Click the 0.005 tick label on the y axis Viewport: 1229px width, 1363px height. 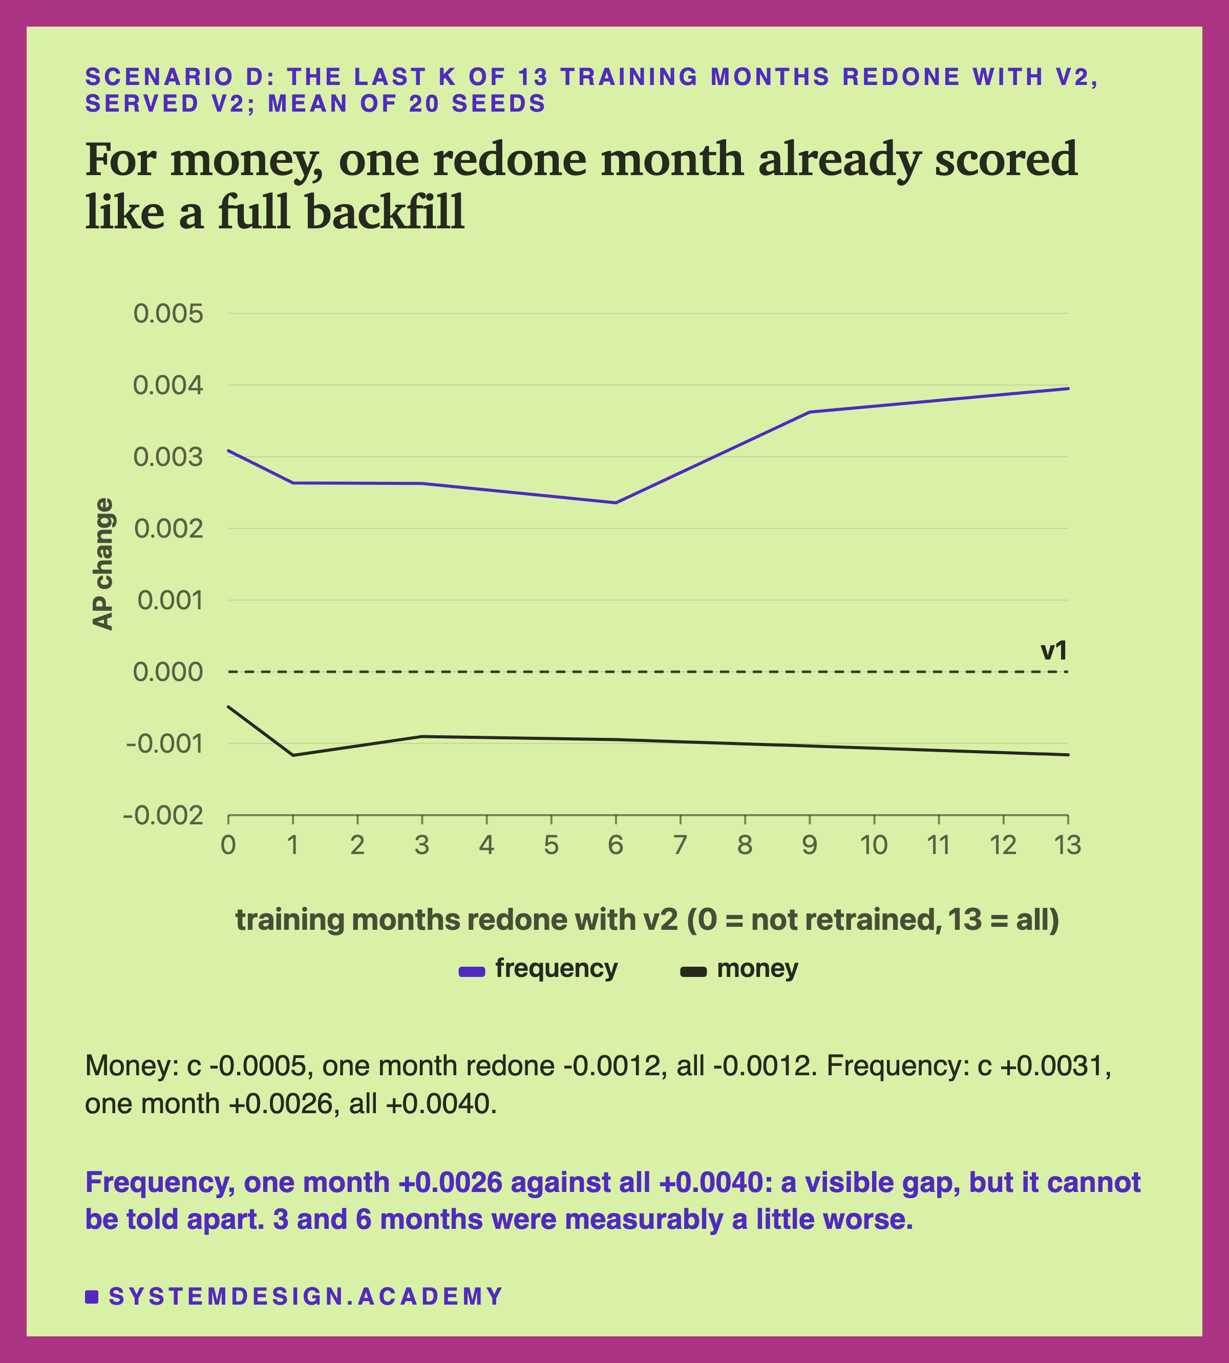pos(168,314)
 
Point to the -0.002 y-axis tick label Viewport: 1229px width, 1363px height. pos(163,816)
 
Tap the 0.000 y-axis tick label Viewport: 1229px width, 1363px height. pos(168,672)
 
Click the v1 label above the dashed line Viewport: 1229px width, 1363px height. pos(1053,651)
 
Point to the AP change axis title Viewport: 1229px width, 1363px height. pos(103,564)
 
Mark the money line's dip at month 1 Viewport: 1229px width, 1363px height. pos(293,755)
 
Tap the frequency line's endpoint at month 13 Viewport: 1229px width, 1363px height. pos(1068,388)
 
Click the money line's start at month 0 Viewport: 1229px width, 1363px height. pos(228,707)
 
